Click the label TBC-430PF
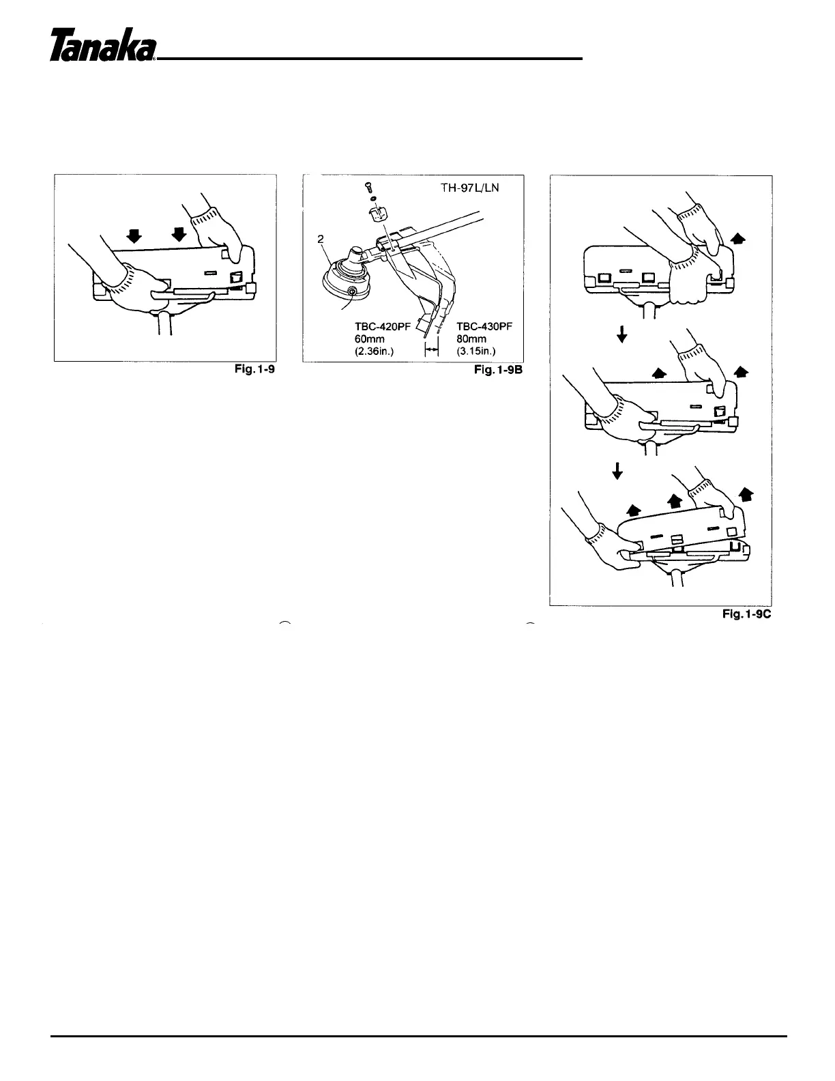(x=484, y=326)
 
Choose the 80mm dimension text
(x=471, y=338)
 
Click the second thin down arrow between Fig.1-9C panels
(x=617, y=471)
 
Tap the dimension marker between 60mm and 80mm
(x=430, y=349)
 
